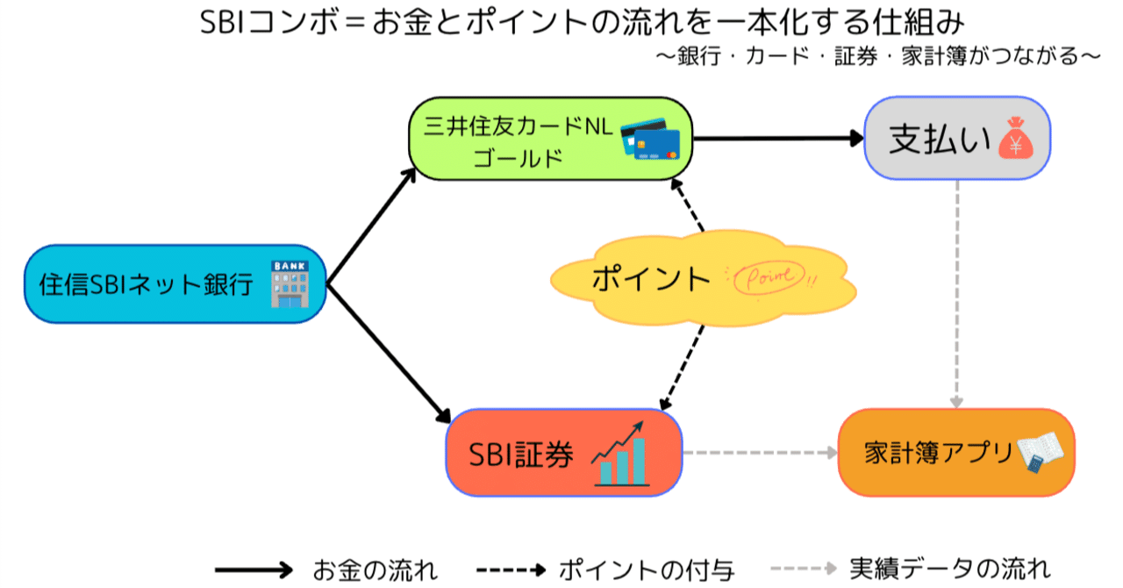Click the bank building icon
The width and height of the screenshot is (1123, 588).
290,283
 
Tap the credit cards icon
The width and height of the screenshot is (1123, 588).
651,138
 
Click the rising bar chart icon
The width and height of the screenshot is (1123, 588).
620,453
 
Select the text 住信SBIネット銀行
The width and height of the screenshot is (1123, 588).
146,284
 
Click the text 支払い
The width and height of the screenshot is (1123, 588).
938,140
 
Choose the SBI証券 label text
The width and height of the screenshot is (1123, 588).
521,455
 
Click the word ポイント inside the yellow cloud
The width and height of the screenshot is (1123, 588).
651,278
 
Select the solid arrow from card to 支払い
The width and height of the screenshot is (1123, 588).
777,138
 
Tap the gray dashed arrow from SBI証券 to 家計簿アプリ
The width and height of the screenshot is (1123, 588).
760,453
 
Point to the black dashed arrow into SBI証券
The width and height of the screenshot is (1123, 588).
683,369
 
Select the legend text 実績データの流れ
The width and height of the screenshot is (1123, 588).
950,569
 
